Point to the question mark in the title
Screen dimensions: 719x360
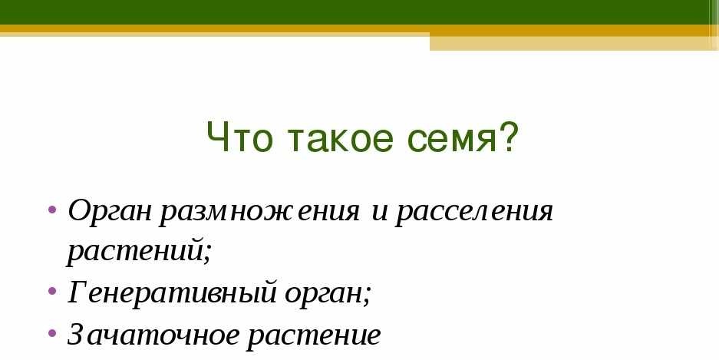click(x=507, y=137)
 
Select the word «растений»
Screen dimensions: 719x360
click(x=135, y=253)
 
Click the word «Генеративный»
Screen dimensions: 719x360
click(x=171, y=292)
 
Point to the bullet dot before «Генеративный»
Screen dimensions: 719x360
click(x=52, y=291)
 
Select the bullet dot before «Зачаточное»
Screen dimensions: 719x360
click(x=52, y=332)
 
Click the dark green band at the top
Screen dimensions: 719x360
click(x=359, y=12)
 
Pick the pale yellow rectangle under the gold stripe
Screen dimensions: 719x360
click(x=574, y=43)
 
